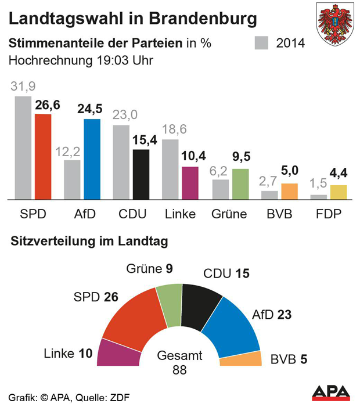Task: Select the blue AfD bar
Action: click(92, 159)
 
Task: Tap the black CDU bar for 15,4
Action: click(141, 174)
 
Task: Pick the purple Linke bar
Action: click(190, 183)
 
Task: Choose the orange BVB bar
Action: click(289, 191)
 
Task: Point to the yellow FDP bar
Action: click(339, 192)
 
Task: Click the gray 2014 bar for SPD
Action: click(23, 148)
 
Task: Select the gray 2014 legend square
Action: click(262, 44)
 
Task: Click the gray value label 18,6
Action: click(174, 129)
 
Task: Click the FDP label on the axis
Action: click(329, 214)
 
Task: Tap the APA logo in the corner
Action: click(331, 392)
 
